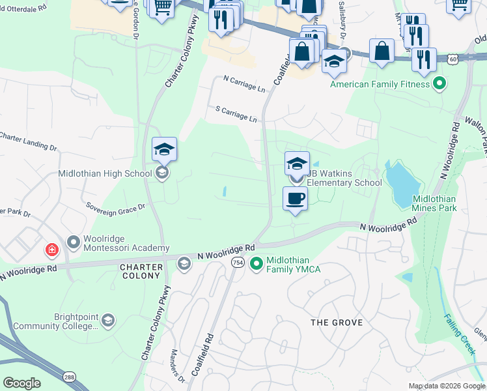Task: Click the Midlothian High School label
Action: tap(104, 173)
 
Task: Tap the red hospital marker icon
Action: tap(51, 250)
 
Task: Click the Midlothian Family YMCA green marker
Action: tap(257, 264)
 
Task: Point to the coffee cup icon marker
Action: tap(295, 198)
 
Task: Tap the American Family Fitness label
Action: tap(380, 84)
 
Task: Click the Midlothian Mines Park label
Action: tap(434, 203)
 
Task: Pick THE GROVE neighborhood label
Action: tap(335, 323)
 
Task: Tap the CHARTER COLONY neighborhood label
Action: tap(139, 271)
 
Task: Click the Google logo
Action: tap(22, 383)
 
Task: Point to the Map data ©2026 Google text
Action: tap(447, 386)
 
